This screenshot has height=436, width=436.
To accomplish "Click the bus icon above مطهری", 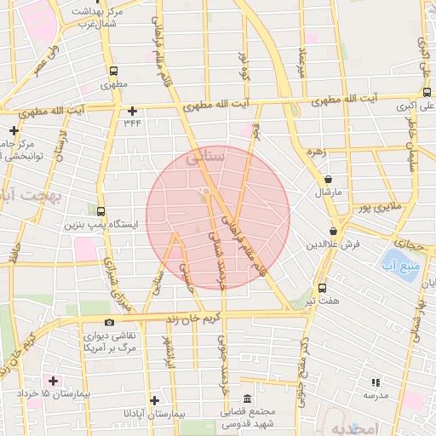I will pyautogui.click(x=113, y=72).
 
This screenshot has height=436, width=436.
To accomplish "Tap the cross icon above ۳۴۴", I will pyautogui.click(x=132, y=111).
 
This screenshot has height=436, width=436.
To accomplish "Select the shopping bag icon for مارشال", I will pyautogui.click(x=329, y=180).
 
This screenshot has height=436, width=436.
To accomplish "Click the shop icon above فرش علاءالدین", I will pyautogui.click(x=333, y=230).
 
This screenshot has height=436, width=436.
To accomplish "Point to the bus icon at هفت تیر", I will pyautogui.click(x=322, y=288).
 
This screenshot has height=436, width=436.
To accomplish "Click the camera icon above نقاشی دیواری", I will pyautogui.click(x=109, y=322).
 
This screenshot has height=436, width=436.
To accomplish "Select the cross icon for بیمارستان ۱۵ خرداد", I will pyautogui.click(x=54, y=380).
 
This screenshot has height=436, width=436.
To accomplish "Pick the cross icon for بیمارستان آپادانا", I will pyautogui.click(x=154, y=399).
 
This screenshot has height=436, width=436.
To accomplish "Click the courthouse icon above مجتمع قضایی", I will pyautogui.click(x=247, y=399).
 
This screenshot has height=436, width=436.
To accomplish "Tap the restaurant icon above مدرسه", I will pyautogui.click(x=376, y=382).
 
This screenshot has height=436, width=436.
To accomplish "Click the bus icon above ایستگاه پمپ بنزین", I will pyautogui.click(x=101, y=211).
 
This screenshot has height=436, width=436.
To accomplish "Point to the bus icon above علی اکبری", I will pyautogui.click(x=426, y=93).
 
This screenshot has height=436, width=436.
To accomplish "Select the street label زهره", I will pyautogui.click(x=317, y=152).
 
